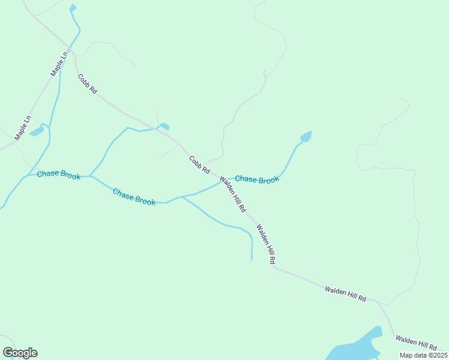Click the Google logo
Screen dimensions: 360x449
pyautogui.click(x=20, y=353)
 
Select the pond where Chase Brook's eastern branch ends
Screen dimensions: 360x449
pyautogui.click(x=306, y=137)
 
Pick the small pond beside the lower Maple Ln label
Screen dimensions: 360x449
pyautogui.click(x=37, y=130)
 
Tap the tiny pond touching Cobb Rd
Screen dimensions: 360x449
pyautogui.click(x=164, y=126)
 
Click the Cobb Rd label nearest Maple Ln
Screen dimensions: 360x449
pyautogui.click(x=87, y=84)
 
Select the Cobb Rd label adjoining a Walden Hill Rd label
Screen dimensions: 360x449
pyautogui.click(x=199, y=165)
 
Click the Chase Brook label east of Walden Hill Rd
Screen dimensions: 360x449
pyautogui.click(x=257, y=179)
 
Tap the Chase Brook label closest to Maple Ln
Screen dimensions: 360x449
pyautogui.click(x=59, y=175)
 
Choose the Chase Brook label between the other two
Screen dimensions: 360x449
pyautogui.click(x=134, y=197)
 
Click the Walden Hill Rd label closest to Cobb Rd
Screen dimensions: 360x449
pyautogui.click(x=233, y=194)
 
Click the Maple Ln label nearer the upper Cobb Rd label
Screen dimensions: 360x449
pyautogui.click(x=58, y=64)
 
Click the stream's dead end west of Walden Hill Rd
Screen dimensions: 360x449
pyautogui.click(x=252, y=260)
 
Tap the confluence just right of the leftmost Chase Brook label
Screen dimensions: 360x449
pyautogui.click(x=90, y=176)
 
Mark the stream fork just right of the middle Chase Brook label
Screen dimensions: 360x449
pyautogui.click(x=181, y=196)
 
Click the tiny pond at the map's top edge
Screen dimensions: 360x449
pyautogui.click(x=73, y=8)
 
